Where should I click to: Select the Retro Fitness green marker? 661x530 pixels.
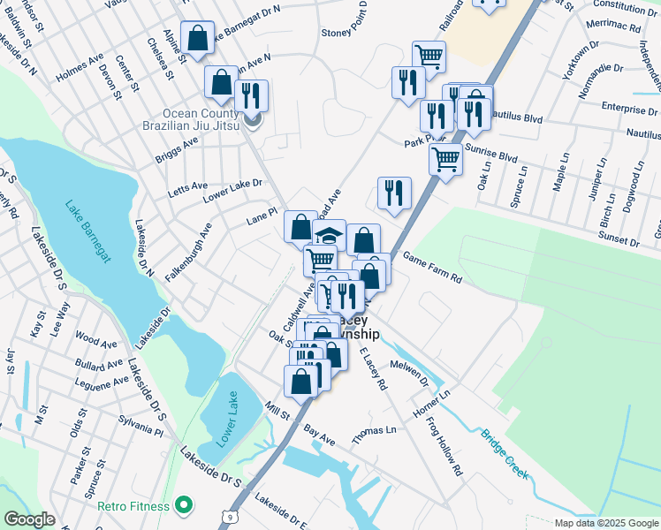pyautogui.click(x=184, y=506)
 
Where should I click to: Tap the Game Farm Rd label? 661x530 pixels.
pyautogui.click(x=433, y=267)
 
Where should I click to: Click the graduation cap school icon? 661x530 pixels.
pyautogui.click(x=329, y=236)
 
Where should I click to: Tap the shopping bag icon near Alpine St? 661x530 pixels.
pyautogui.click(x=197, y=38)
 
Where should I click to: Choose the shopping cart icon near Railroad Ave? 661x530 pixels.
pyautogui.click(x=429, y=57)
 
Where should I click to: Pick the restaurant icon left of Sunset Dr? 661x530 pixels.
pyautogui.click(x=394, y=193)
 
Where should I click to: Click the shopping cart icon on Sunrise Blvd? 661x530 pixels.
pyautogui.click(x=445, y=160)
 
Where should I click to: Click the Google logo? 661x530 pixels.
pyautogui.click(x=29, y=519)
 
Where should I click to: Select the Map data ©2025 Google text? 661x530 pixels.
pyautogui.click(x=605, y=523)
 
